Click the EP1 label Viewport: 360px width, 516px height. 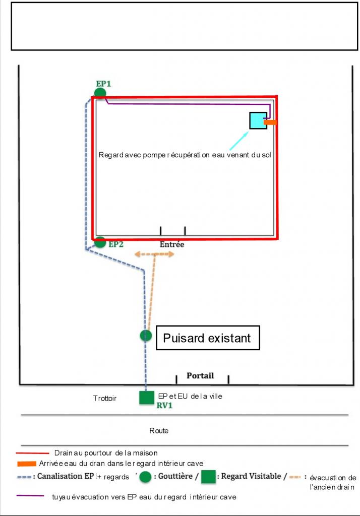[103, 84]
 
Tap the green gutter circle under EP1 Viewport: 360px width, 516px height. [100, 93]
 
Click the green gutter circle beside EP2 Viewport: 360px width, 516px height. [100, 242]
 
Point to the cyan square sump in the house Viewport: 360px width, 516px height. [258, 120]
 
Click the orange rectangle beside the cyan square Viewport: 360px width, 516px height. [270, 122]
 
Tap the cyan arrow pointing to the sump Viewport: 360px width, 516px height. [239, 140]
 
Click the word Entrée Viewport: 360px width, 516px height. [172, 244]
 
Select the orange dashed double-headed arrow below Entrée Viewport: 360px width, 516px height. [155, 254]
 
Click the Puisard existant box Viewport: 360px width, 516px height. [207, 338]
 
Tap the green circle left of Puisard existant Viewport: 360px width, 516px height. [146, 336]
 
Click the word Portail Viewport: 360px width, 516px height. [200, 375]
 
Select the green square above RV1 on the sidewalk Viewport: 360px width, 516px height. [147, 397]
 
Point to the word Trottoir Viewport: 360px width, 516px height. [105, 398]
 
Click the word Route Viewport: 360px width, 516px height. [159, 431]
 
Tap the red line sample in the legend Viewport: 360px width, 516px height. [32, 453]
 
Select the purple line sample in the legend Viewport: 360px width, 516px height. [30, 496]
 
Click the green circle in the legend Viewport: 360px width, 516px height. [146, 477]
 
